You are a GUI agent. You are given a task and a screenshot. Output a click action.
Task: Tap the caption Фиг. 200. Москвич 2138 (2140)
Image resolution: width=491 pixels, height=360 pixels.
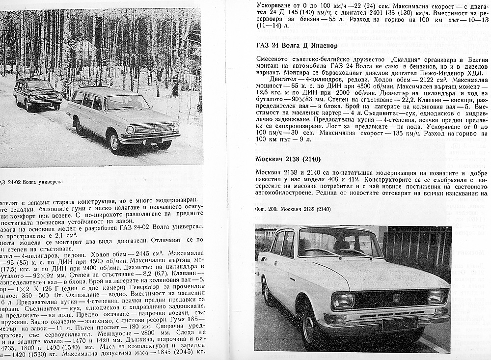click(x=293, y=209)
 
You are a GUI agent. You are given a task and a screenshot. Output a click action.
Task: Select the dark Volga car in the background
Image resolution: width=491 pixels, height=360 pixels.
click(x=38, y=94)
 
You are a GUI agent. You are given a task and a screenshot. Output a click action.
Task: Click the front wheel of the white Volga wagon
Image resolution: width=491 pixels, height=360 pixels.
click(x=115, y=142)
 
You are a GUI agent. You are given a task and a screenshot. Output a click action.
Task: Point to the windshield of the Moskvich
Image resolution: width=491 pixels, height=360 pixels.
click(x=339, y=245)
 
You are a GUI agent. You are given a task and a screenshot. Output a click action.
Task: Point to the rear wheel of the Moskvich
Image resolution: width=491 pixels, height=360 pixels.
click(x=267, y=290)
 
